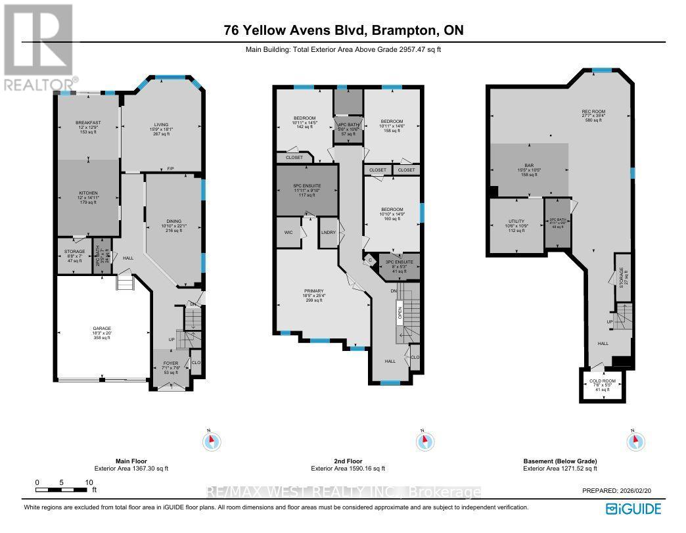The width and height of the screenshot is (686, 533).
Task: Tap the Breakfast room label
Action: (x=87, y=122)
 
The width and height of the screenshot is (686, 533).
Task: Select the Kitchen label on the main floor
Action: (x=87, y=193)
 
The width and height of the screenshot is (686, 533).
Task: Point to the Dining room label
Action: (x=173, y=221)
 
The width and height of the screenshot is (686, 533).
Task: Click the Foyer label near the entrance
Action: (x=170, y=362)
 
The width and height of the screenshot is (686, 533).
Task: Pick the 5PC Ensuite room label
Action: (x=306, y=186)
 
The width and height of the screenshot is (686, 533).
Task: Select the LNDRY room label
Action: (x=328, y=233)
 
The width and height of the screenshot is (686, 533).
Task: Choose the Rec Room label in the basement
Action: (x=593, y=112)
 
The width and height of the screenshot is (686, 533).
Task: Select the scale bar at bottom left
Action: (x=63, y=490)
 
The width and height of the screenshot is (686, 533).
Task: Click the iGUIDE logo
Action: (x=633, y=508)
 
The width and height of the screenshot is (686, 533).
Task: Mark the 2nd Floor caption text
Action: (x=348, y=461)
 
